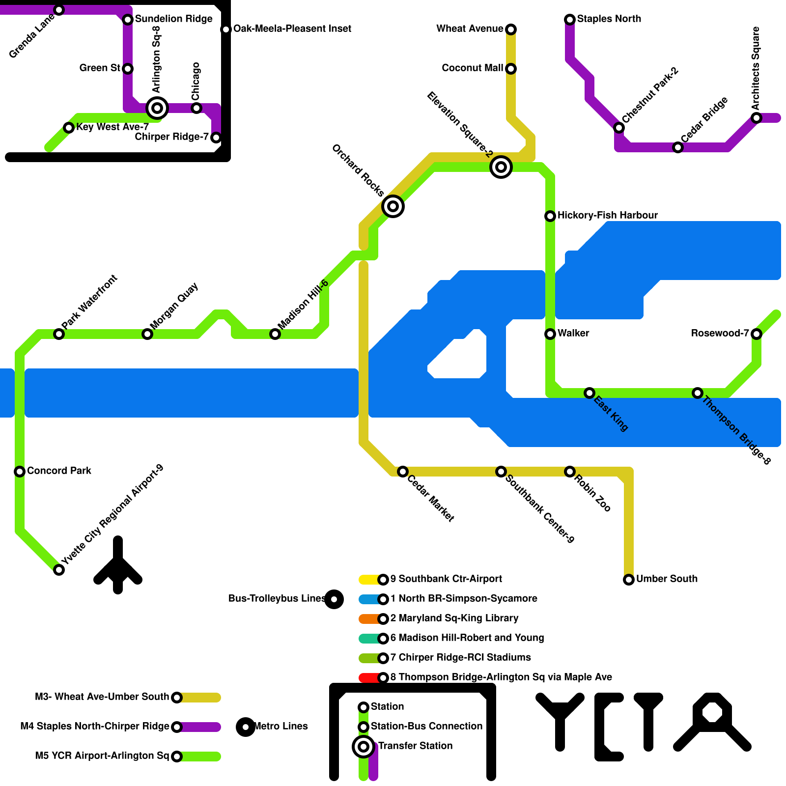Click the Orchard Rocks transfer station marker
click(393, 206)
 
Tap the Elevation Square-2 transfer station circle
click(501, 167)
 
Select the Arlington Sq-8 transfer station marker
click(157, 108)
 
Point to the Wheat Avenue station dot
click(511, 29)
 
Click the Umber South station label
click(667, 579)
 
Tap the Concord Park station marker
click(20, 472)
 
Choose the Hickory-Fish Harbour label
click(608, 215)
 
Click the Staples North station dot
click(570, 20)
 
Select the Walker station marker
click(550, 334)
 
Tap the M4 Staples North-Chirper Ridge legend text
click(95, 726)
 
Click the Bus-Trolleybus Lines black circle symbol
click(334, 599)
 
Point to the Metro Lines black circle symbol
click(246, 727)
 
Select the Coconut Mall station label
click(473, 68)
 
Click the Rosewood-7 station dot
click(757, 334)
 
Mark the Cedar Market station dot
click(403, 472)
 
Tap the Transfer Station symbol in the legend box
click(364, 747)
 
